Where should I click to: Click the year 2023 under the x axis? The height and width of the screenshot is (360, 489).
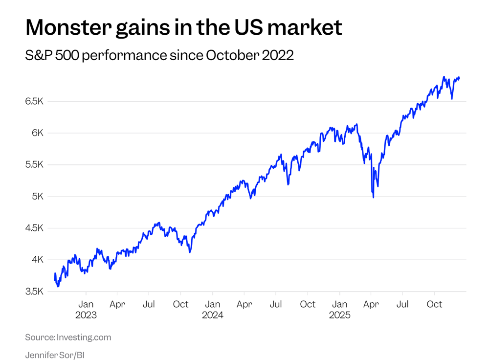(x=86, y=315)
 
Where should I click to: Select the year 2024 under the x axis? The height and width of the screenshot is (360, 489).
(x=213, y=315)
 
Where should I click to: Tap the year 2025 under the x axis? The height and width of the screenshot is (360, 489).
(x=339, y=315)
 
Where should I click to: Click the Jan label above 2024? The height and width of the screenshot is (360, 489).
(x=213, y=304)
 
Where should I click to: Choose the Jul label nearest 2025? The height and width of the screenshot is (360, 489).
(x=402, y=304)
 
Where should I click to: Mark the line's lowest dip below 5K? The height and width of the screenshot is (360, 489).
(x=374, y=197)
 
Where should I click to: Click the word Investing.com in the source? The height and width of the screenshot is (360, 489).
(x=84, y=337)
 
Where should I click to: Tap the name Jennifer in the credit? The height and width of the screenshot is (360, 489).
(x=41, y=355)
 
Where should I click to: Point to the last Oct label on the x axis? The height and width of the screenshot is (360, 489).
(x=434, y=304)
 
